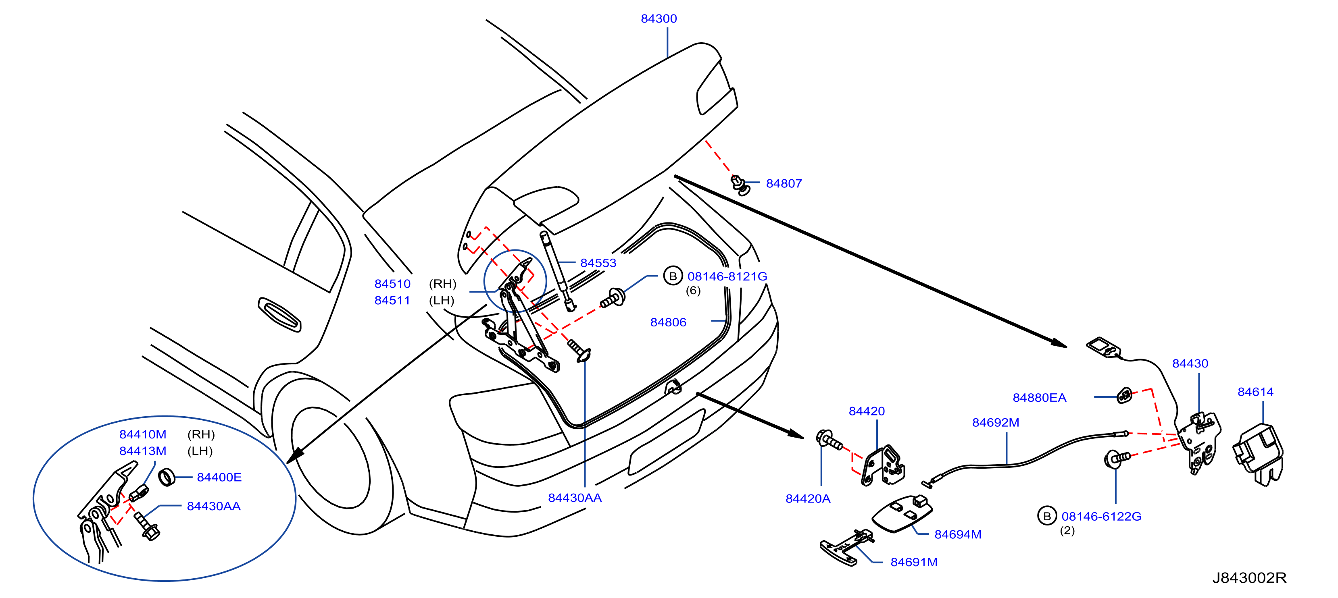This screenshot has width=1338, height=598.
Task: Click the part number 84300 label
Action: click(659, 19)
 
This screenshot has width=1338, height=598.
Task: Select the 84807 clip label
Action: click(784, 183)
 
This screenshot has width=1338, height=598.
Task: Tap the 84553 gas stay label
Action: click(598, 263)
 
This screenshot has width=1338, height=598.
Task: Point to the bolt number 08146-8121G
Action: click(727, 276)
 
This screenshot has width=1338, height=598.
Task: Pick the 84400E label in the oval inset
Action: click(219, 477)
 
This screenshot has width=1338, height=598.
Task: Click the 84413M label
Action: click(143, 451)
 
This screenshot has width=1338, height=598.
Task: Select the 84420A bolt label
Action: click(808, 498)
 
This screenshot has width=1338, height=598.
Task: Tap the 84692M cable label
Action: click(996, 423)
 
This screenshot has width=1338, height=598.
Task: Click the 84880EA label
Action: click(1039, 398)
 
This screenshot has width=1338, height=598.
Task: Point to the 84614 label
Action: click(1255, 392)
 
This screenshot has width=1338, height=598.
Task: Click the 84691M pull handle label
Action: click(914, 562)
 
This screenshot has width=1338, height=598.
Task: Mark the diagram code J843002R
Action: click(1249, 578)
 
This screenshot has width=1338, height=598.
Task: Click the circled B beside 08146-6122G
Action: click(1047, 516)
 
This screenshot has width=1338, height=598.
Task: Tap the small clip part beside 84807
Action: click(740, 185)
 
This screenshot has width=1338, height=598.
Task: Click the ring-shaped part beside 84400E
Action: click(167, 477)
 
